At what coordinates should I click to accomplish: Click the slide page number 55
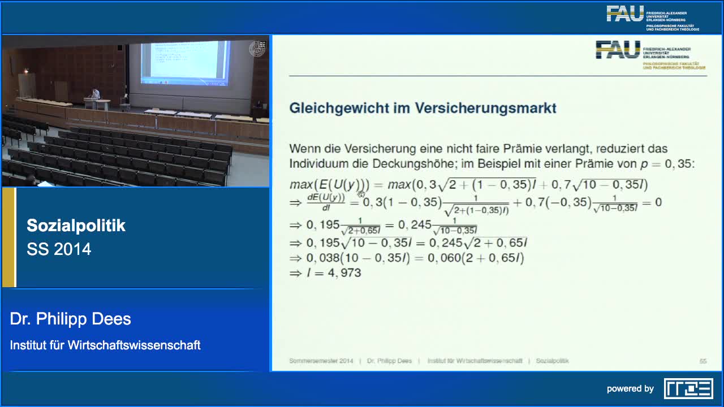pos(703,361)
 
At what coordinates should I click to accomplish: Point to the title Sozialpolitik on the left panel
pos(76,226)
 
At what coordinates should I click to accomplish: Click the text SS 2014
pos(59,249)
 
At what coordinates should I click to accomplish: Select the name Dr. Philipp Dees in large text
pos(70,319)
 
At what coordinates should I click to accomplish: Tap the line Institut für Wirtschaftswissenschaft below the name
pos(105,345)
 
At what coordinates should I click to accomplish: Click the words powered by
pos(630,389)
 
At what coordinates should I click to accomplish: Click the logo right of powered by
pos(688,388)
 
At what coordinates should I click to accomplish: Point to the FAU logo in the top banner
pos(625,14)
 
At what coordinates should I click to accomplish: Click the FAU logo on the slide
pos(618,50)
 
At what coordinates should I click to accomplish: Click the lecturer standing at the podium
pos(96,94)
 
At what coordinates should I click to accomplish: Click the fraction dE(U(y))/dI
pos(326,202)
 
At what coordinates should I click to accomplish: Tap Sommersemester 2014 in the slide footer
pos(321,361)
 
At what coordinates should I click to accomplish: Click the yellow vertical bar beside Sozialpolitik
pos(8,237)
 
